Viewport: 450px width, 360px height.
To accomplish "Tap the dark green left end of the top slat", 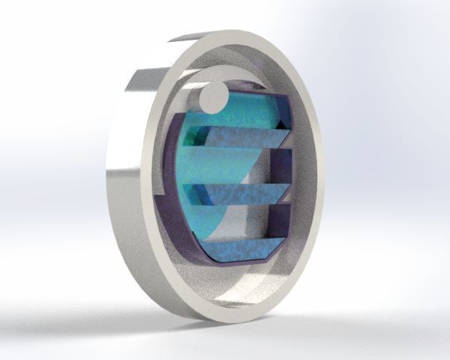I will point(196,135).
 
